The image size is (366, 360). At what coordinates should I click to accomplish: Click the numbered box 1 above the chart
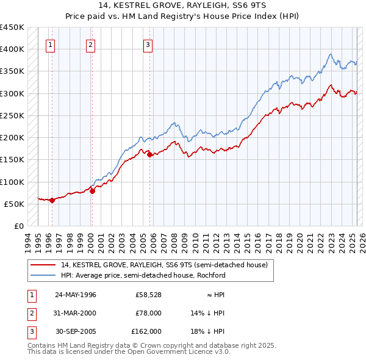coord(49,44)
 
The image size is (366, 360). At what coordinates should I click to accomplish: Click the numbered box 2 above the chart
coord(90,44)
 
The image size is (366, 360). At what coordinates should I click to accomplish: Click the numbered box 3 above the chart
coord(148,44)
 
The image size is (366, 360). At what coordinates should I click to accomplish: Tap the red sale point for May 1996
coord(52,200)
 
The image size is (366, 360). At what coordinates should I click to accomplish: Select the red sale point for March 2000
coord(93,191)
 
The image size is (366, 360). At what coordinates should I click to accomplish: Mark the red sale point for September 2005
coord(150,154)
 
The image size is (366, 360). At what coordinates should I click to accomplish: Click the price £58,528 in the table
coord(148,295)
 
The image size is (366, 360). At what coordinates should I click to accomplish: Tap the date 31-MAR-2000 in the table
coord(75,313)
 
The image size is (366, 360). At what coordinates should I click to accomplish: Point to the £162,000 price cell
coord(146,331)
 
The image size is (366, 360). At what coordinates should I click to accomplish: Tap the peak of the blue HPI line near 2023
coord(330,54)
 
